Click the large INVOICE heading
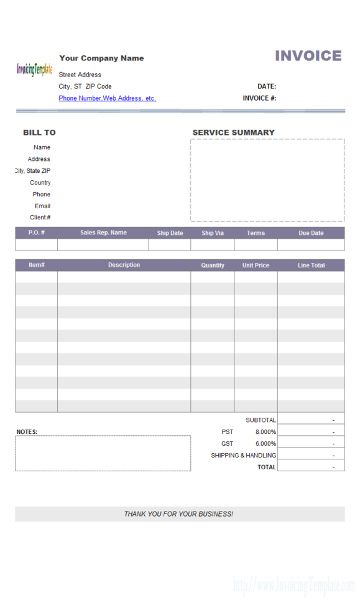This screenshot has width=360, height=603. coord(308,56)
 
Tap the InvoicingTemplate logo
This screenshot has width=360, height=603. coord(34,69)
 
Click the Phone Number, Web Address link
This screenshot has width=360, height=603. coord(107,98)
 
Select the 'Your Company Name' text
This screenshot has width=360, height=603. coord(101,58)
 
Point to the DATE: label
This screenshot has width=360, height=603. coord(267,86)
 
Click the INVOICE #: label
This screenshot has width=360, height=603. coord(259,98)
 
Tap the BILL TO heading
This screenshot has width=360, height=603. coord(39,132)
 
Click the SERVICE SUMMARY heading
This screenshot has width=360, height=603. coord(233,132)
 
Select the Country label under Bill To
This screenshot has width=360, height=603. coord(40,183)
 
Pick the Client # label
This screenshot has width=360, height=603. coord(40,218)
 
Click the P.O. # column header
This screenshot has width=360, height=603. coord(36,233)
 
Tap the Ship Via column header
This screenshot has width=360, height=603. coord(212,233)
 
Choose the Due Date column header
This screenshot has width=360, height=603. coord(311,233)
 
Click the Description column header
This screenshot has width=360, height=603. coord(124,265)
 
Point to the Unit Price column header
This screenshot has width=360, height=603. coord(256,265)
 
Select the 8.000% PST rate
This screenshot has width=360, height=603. coord(265,432)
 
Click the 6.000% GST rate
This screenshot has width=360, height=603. coord(265,444)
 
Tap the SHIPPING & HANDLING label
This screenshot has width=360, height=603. coord(243,456)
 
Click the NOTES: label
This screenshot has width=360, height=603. coord(27,432)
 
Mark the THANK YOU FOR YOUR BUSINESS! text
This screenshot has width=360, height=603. coord(179,514)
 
